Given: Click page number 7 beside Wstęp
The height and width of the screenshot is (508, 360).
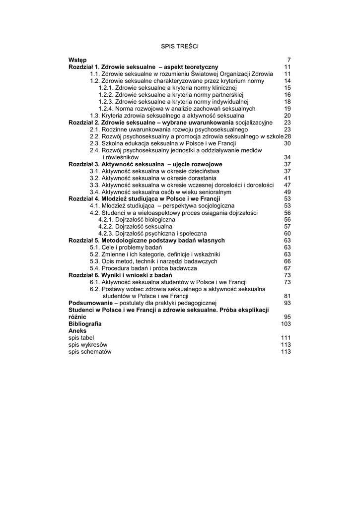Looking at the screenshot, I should tap(288, 60).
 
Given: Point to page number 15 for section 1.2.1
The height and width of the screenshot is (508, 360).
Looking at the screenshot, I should tap(287, 88).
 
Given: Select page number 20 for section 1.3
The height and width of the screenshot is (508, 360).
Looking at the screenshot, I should tap(287, 116).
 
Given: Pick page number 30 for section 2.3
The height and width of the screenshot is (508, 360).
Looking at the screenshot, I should tap(287, 143).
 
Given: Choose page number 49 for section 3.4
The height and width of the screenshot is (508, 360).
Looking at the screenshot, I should tap(287, 192).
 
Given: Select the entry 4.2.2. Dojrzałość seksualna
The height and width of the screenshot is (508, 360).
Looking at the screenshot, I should tap(132, 227).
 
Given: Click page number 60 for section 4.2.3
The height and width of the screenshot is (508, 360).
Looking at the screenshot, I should tap(287, 234).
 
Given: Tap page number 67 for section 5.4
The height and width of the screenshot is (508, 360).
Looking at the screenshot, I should tap(287, 268).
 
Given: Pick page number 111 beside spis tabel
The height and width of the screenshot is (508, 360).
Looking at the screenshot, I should tap(286, 338).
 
